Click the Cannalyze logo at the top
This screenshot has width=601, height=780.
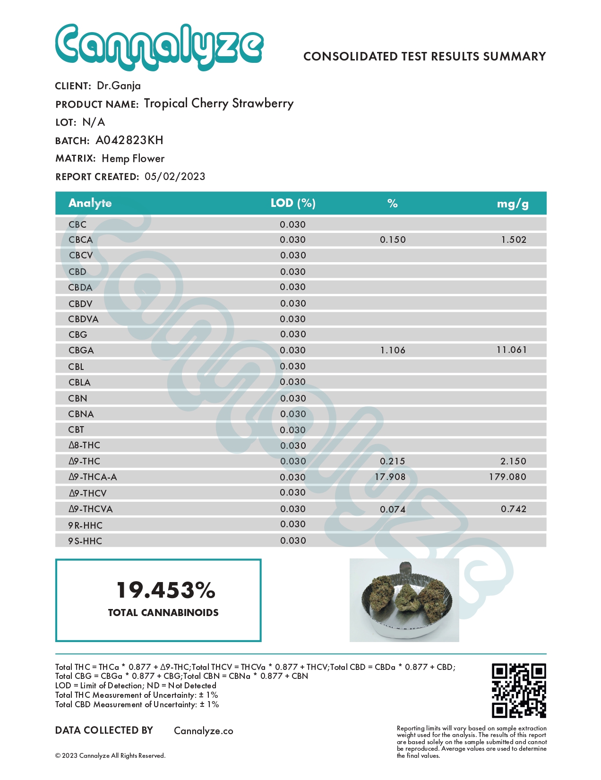pos(159,47)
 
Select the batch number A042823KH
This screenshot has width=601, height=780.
pos(129,140)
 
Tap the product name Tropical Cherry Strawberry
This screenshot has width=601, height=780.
pos(218,103)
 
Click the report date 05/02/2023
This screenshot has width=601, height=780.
pos(175,177)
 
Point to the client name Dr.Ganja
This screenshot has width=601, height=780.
pos(119,86)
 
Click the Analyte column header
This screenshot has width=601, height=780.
pos(90,203)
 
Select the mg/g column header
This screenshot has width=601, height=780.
pos(512,204)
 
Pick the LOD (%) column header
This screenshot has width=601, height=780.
pos(293,203)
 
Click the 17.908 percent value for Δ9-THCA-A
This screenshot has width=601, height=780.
pos(390,477)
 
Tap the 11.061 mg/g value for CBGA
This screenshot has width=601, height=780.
pos(511,350)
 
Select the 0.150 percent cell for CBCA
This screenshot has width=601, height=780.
pos(393,240)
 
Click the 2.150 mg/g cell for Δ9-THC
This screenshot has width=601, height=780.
pos(513,461)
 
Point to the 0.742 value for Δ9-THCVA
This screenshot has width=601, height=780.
pos(513,509)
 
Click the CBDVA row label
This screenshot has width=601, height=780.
pos(83,319)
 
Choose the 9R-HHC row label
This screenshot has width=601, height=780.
pos(85,525)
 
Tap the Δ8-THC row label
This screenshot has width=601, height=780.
pos(84,445)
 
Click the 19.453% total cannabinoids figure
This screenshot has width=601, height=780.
pos(166,590)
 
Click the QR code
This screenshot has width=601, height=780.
pos(519,690)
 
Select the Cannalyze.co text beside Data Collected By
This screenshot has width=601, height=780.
pos(204,731)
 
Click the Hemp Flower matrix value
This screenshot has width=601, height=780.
pos(133,159)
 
